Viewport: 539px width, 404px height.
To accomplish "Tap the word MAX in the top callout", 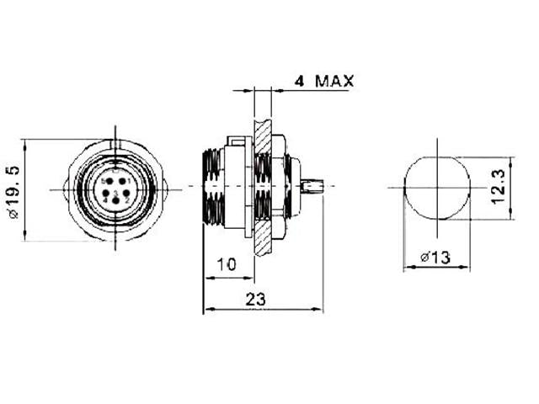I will [335, 82].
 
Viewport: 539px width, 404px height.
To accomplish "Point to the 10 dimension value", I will [225, 264].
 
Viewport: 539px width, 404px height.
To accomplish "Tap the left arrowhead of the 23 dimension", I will [207, 310].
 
